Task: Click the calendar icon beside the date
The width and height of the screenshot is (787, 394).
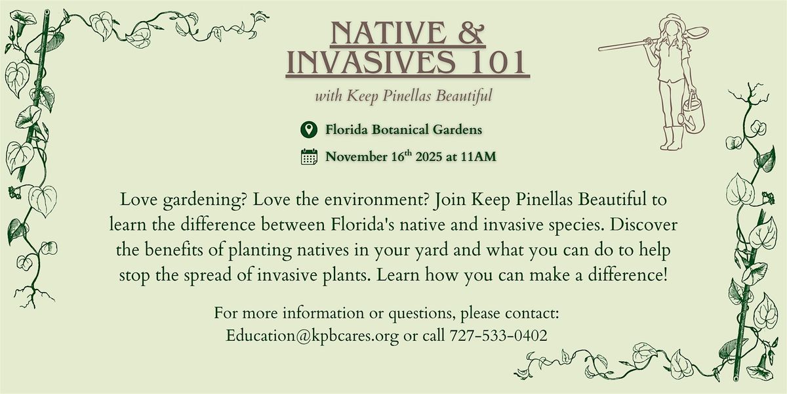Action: [x=308, y=156]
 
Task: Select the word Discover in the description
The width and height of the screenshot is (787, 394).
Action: [x=647, y=224]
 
